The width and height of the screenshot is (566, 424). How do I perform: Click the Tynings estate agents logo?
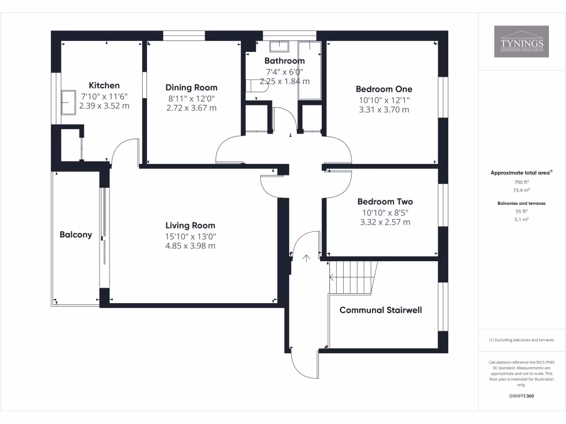[521, 42]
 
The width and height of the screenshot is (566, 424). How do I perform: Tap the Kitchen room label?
[104, 86]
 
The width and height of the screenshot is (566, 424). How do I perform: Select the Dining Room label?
[191, 87]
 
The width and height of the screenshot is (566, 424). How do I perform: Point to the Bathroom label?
[284, 61]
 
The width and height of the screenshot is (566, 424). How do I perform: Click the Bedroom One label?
[384, 89]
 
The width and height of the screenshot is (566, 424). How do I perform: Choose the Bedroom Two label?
[385, 202]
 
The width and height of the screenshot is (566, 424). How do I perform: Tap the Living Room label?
[190, 225]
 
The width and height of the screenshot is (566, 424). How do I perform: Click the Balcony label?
[76, 235]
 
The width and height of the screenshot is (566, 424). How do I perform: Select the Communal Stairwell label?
[380, 310]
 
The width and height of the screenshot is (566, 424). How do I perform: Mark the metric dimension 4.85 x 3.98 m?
[190, 246]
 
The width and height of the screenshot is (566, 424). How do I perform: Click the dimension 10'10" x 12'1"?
[384, 100]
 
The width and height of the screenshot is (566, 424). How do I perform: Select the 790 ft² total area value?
[521, 182]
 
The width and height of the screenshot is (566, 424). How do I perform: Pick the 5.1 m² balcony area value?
[521, 219]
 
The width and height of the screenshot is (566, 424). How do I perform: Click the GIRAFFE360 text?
[521, 396]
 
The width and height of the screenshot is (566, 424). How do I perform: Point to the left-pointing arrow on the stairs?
[332, 277]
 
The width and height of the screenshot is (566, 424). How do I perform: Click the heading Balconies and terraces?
[521, 203]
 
